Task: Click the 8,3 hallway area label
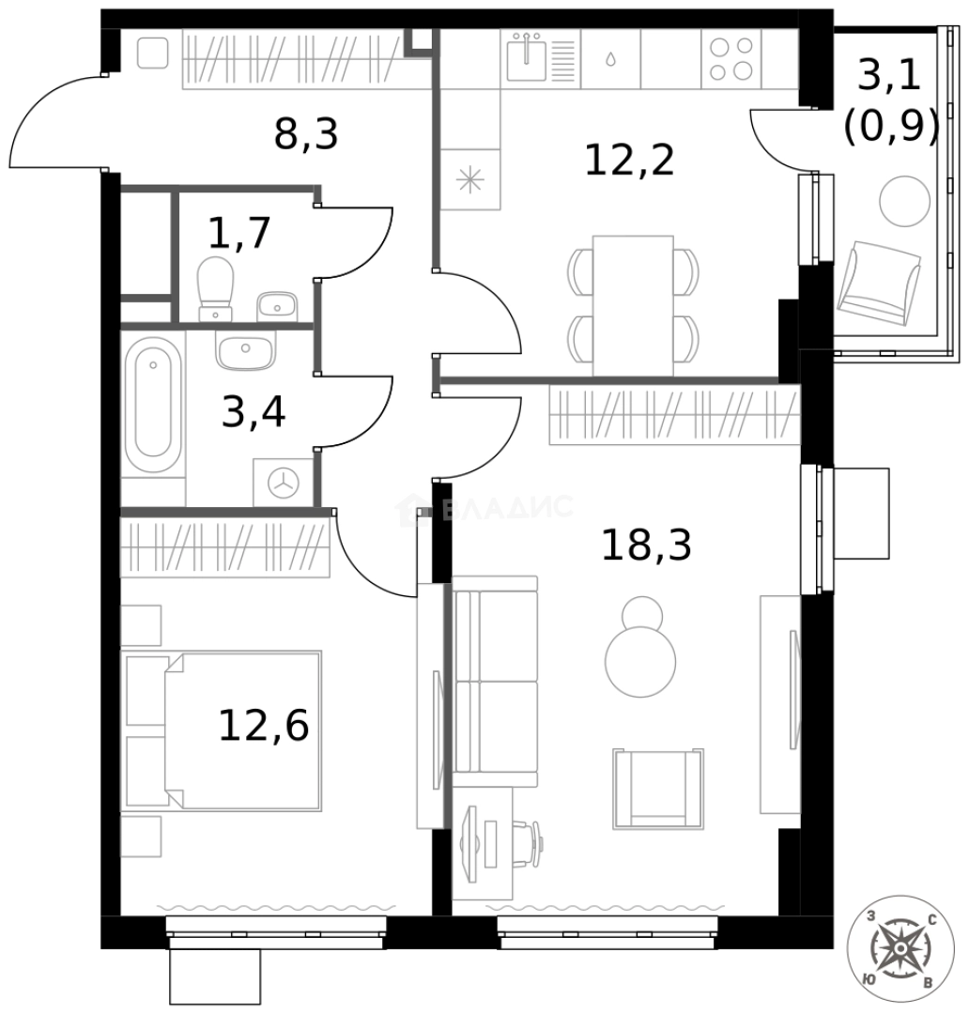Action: pos(306,134)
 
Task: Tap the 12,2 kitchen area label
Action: pos(629,161)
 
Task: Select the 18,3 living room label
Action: pos(646,545)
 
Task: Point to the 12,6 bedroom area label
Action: pos(263,725)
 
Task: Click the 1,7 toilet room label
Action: pos(238,233)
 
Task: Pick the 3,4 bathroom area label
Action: pos(253,411)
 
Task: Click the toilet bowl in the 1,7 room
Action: pos(215,288)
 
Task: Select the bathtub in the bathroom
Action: pos(153,405)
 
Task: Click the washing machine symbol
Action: pos(284,483)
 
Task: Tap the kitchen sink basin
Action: pos(527,58)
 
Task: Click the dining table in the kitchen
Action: pos(633,305)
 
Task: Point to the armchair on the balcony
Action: pos(879,284)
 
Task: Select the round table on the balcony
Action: pos(904,201)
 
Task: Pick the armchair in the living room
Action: pos(658,789)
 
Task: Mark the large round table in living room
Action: pos(640,662)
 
